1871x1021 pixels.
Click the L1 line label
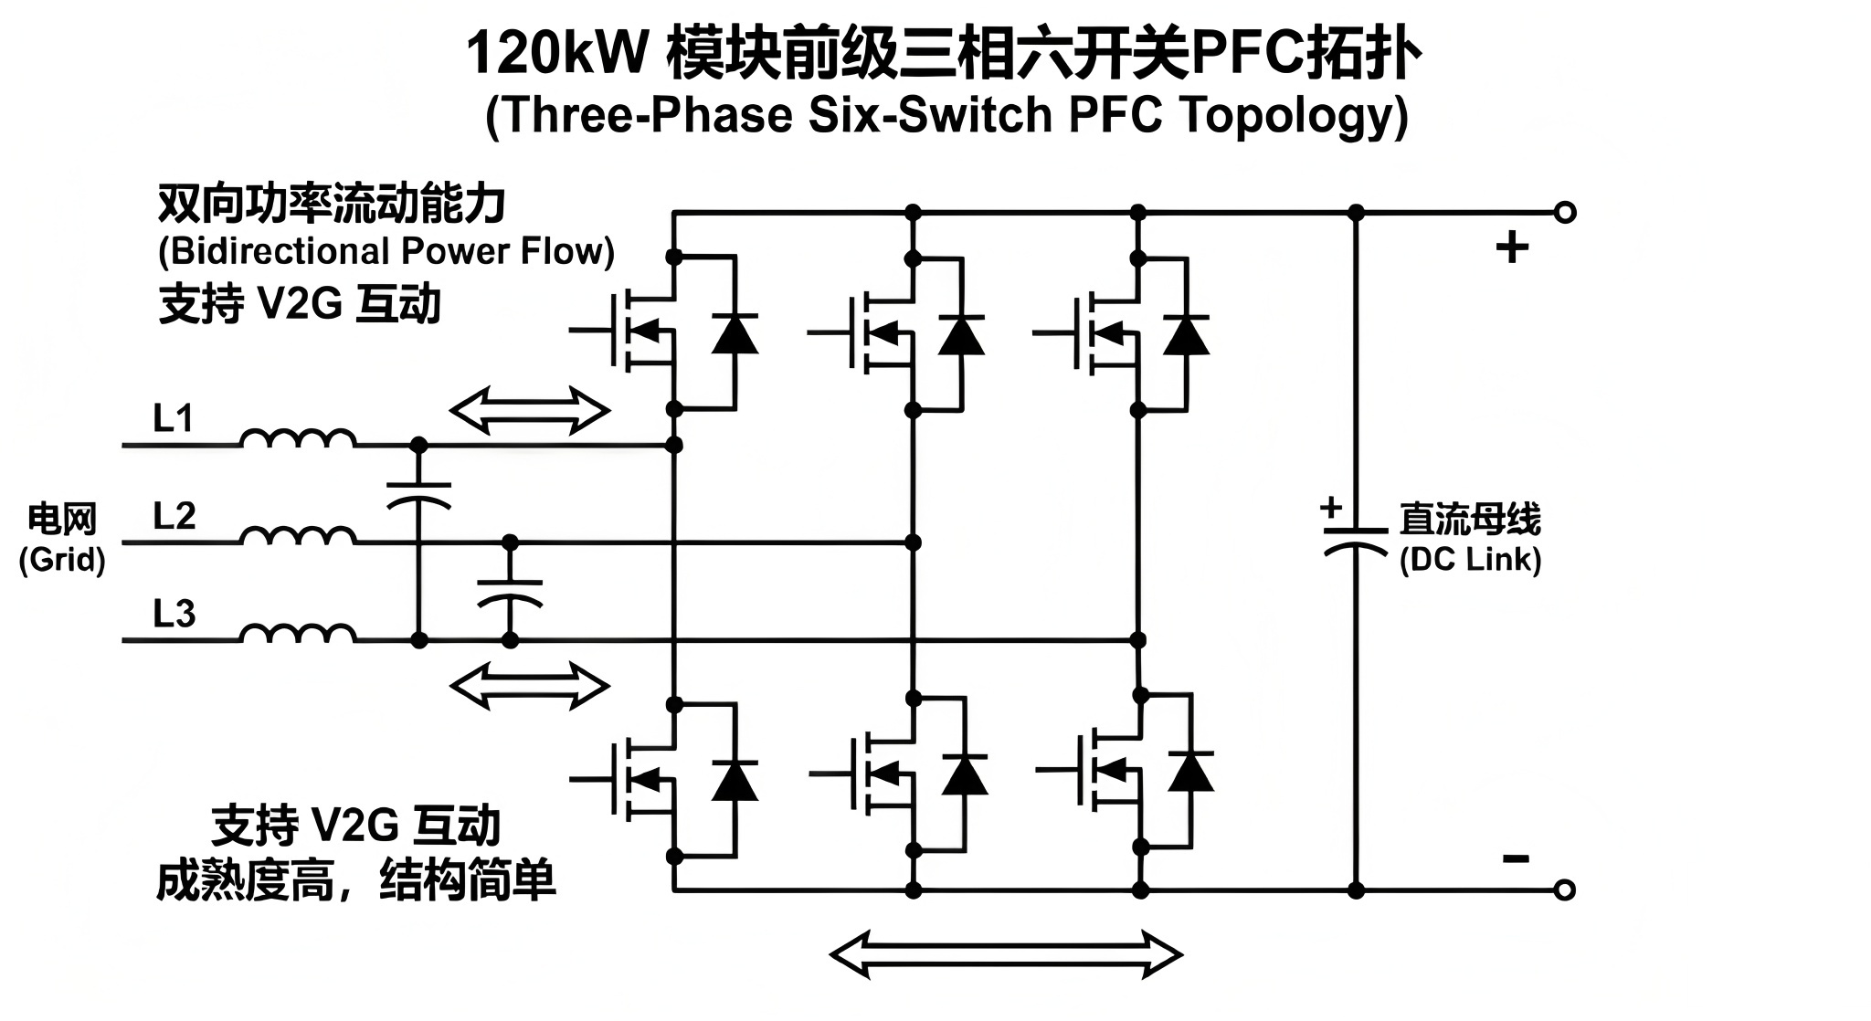(173, 418)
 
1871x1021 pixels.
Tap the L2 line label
(174, 516)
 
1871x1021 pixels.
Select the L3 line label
(174, 614)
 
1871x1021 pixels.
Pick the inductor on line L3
(298, 633)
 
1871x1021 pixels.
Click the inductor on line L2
(298, 535)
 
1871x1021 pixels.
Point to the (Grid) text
(62, 559)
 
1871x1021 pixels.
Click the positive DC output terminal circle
(1564, 213)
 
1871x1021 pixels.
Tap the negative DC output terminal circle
(1564, 889)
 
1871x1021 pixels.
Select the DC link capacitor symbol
(1356, 539)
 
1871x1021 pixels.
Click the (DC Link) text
(1470, 559)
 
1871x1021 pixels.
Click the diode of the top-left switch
(735, 334)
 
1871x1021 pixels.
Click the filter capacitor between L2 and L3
(511, 593)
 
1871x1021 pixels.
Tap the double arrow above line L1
(530, 410)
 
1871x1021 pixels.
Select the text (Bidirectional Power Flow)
(386, 251)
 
